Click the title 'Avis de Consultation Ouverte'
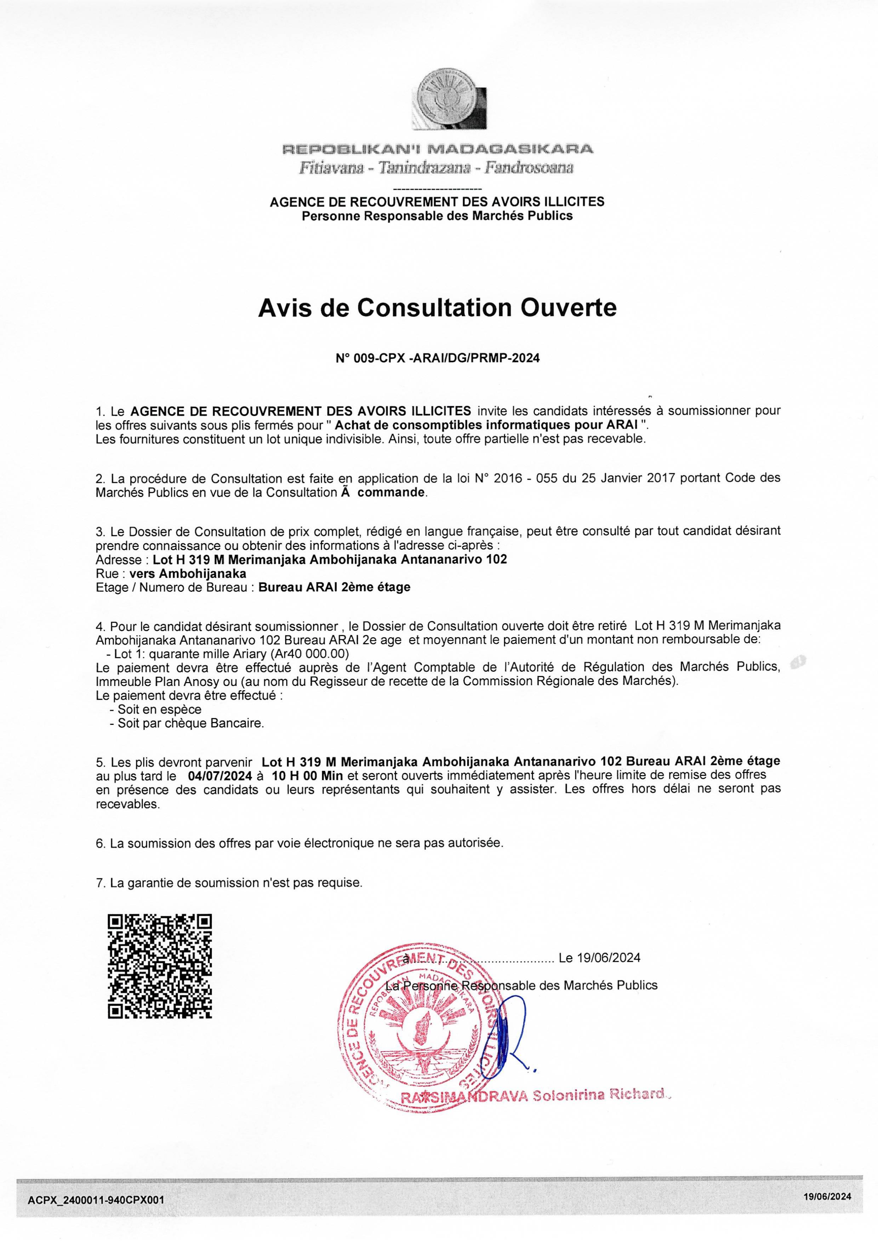click(437, 308)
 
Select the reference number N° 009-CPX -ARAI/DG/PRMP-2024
click(438, 358)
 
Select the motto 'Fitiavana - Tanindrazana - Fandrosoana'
click(436, 168)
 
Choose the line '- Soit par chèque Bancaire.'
click(187, 723)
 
